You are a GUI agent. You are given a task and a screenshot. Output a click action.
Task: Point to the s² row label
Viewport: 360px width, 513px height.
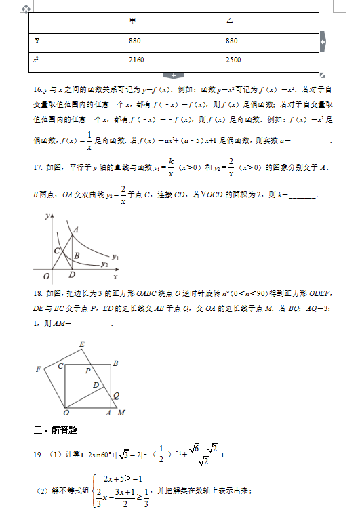pos(35,60)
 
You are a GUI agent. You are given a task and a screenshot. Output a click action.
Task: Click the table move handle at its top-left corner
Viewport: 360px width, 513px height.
pos(26,9)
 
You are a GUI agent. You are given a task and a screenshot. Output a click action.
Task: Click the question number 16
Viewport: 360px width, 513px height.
pos(37,89)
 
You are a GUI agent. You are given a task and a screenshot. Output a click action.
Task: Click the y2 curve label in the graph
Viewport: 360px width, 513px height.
pos(104,264)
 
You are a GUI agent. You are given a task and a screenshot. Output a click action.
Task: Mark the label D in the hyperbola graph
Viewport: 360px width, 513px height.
pos(73,275)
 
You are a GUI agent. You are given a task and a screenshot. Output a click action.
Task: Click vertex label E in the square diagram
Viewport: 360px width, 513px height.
pos(82,345)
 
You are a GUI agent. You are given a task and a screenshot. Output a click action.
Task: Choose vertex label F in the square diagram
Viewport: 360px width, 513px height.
pos(38,369)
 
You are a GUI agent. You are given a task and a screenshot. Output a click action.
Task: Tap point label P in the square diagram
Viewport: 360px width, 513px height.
pos(87,371)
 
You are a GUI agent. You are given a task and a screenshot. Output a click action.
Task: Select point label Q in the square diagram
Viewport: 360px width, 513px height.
pos(116,395)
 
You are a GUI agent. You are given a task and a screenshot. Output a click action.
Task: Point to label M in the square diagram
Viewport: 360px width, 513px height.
pos(121,413)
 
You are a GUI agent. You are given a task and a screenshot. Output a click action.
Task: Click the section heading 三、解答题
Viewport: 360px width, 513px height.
pos(55,430)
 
